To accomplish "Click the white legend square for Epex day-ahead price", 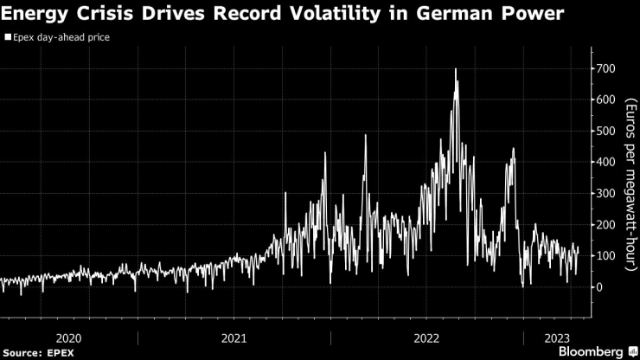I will [8, 38].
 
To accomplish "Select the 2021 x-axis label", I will [234, 337].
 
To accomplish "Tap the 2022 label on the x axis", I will [429, 337].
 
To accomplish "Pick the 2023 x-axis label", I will [555, 337].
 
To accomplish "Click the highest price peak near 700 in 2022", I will [455, 69].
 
